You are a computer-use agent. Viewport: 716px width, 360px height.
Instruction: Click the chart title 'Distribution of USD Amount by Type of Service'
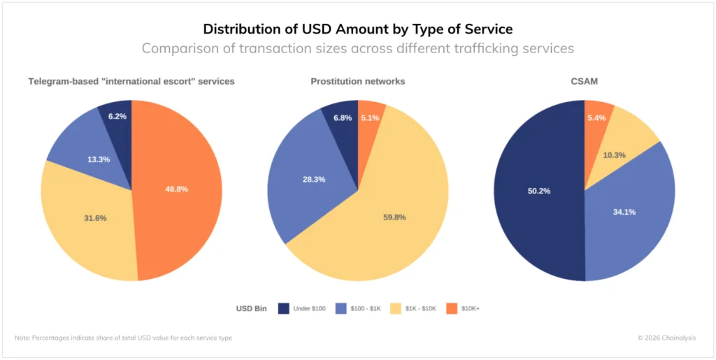[x=357, y=29]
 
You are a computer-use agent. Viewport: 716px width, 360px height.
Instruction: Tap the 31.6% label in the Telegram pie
[x=95, y=218]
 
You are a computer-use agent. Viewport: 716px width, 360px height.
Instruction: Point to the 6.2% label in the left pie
[x=117, y=116]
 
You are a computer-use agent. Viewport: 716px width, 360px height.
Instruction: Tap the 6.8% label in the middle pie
[x=343, y=117]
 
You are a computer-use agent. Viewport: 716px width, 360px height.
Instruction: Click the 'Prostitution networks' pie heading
[x=357, y=81]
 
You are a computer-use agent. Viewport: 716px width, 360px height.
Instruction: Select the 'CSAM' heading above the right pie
[x=584, y=81]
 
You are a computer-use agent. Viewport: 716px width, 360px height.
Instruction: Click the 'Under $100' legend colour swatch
[x=284, y=308]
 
